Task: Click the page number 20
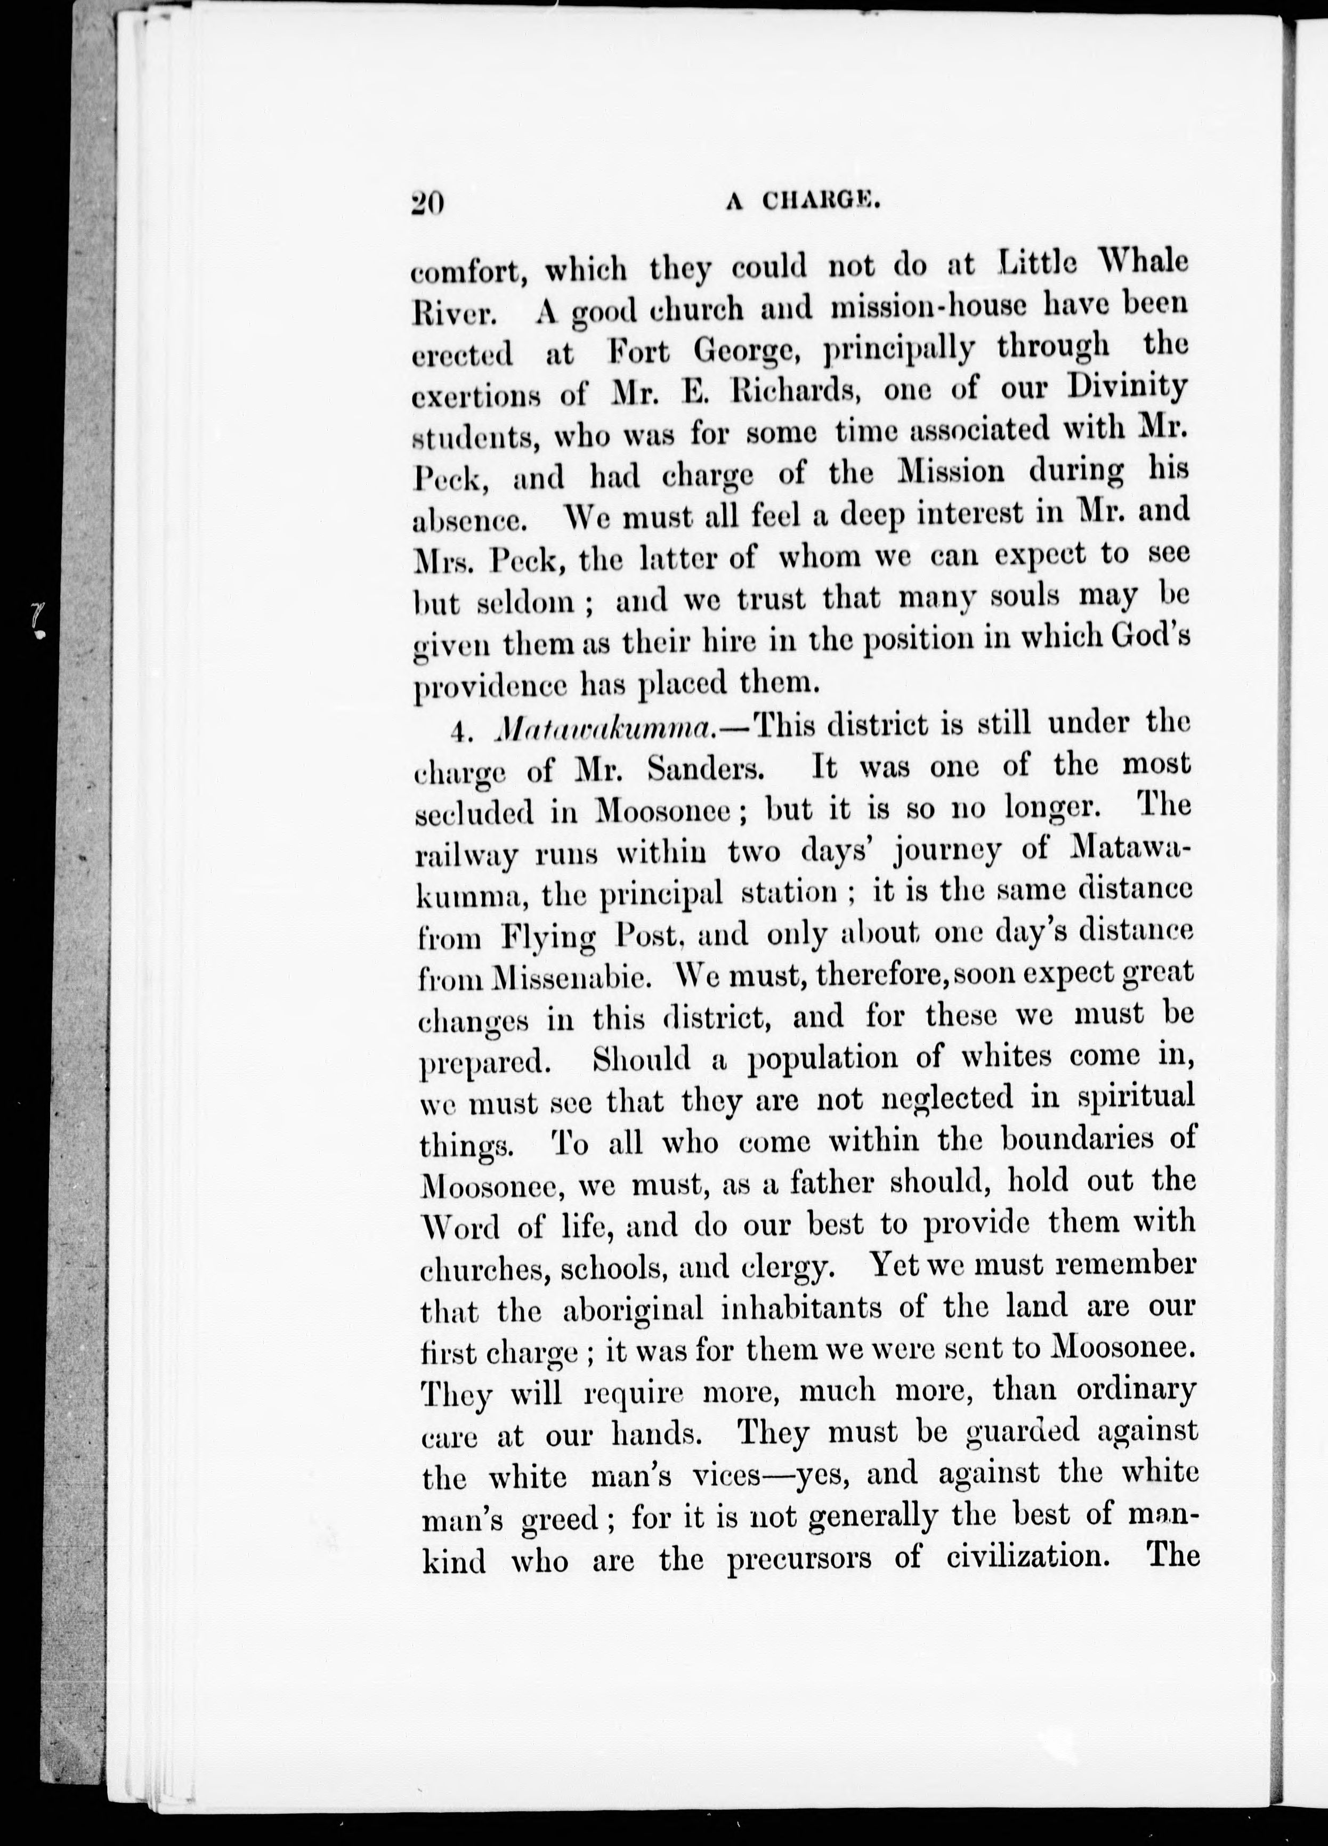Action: click(428, 201)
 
